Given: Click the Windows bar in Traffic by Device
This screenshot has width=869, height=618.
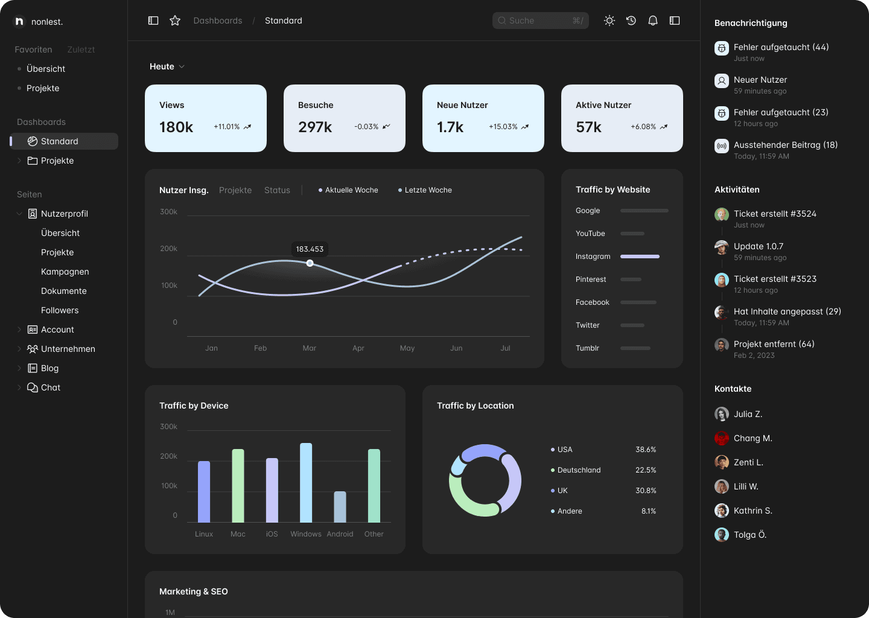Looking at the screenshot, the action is pyautogui.click(x=306, y=483).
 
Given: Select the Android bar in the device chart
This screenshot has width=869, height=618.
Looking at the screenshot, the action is pyautogui.click(x=340, y=507).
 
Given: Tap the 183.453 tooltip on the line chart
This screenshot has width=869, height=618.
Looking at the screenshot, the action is pyautogui.click(x=310, y=249).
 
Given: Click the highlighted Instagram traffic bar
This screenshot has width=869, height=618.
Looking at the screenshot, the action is pyautogui.click(x=640, y=256).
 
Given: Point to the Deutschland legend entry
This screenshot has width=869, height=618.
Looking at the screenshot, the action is pyautogui.click(x=576, y=470).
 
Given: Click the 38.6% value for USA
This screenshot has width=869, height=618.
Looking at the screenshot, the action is pyautogui.click(x=646, y=449).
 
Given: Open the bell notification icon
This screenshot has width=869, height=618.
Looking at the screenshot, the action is pyautogui.click(x=653, y=21).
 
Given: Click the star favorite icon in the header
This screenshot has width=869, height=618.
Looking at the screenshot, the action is pyautogui.click(x=175, y=21).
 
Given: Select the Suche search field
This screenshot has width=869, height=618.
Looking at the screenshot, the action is pyautogui.click(x=540, y=21).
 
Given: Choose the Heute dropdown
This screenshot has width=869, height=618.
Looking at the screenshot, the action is pyautogui.click(x=167, y=66).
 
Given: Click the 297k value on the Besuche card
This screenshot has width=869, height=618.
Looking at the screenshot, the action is pyautogui.click(x=314, y=127).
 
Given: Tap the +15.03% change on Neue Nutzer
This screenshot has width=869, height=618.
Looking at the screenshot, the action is pyautogui.click(x=503, y=127).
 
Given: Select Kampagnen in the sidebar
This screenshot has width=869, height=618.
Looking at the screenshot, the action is pyautogui.click(x=65, y=272).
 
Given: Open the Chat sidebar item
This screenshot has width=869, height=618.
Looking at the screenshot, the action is pyautogui.click(x=51, y=387).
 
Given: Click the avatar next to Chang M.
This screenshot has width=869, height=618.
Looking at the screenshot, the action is pyautogui.click(x=722, y=438).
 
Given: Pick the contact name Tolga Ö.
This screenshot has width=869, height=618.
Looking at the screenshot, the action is pyautogui.click(x=750, y=535).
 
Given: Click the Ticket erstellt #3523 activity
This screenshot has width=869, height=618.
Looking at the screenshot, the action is pyautogui.click(x=775, y=279).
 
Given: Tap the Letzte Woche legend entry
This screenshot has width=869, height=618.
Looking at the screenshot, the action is pyautogui.click(x=425, y=190).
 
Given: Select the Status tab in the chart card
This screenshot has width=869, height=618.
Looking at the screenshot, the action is pyautogui.click(x=277, y=190).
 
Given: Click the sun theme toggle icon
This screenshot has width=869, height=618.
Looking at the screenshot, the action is pyautogui.click(x=609, y=21).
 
